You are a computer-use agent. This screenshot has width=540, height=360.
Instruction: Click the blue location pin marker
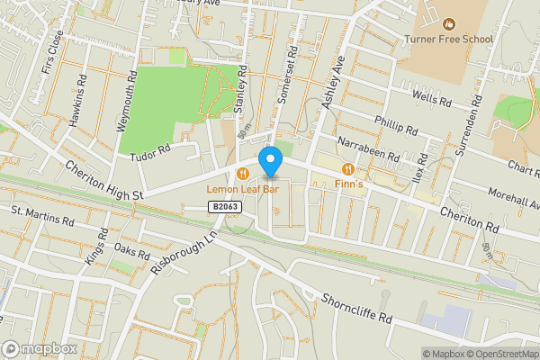[x=270, y=161]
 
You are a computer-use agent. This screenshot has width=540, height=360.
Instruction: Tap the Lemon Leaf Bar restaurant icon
[x=242, y=173]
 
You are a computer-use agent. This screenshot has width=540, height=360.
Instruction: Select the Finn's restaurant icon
[x=347, y=169]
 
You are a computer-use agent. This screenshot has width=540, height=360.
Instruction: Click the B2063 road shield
[x=228, y=207]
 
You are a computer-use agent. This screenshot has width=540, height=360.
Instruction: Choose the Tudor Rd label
[x=151, y=150]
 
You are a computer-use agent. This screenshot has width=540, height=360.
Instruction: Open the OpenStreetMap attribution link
[x=501, y=354]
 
